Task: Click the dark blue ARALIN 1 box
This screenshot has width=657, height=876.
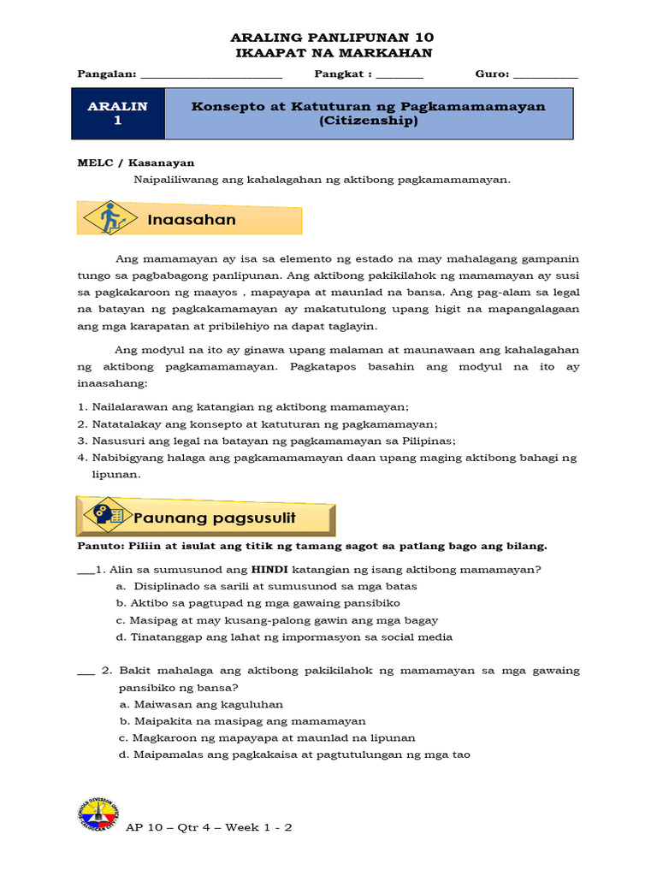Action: [x=118, y=115]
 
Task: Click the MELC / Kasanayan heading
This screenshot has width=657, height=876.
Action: [x=136, y=163]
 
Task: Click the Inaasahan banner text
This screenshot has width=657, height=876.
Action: [x=191, y=220]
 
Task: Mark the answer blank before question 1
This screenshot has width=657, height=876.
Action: [x=86, y=571]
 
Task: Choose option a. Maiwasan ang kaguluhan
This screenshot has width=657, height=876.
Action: [x=201, y=704]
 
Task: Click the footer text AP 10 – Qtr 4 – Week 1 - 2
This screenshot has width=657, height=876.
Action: [x=210, y=828]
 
